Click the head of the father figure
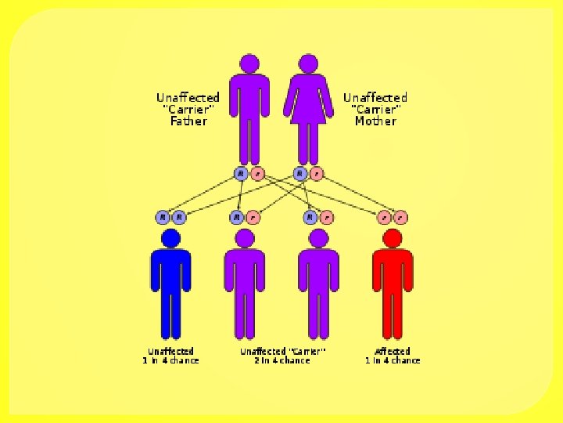(249, 63)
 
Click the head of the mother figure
(308, 63)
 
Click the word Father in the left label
(188, 121)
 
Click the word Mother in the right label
(375, 121)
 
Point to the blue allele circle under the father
(241, 173)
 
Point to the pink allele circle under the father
(258, 173)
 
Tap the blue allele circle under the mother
(299, 173)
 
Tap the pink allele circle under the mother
(316, 173)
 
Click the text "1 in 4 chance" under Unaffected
(170, 360)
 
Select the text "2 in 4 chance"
(282, 360)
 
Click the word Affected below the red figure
(393, 351)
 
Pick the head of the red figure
(393, 238)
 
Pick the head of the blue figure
(170, 238)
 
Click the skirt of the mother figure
(308, 110)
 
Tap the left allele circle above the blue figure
(163, 217)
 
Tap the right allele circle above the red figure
(400, 217)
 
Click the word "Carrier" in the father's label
(188, 110)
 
